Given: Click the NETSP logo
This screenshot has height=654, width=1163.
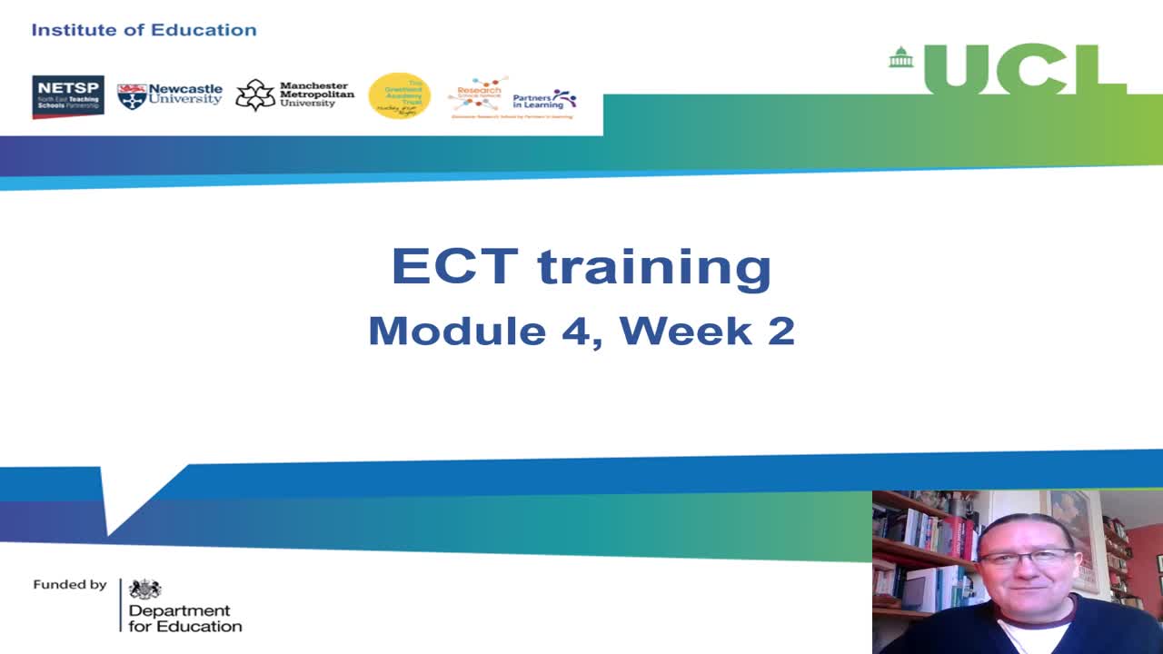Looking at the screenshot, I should tap(68, 96).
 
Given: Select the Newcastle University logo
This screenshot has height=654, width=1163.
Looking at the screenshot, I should tap(170, 95).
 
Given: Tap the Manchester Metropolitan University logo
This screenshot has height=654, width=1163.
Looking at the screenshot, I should tap(294, 94).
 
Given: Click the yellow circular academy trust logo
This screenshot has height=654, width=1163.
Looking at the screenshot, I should tap(399, 96).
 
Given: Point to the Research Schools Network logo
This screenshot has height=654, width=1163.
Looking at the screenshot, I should tap(478, 95).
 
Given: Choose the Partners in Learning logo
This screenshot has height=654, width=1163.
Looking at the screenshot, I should tap(544, 99).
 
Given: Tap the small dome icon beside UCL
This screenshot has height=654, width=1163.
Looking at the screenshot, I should tap(900, 57).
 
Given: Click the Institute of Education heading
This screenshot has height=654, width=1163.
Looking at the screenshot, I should tap(144, 30).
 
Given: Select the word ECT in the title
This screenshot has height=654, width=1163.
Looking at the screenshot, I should tap(454, 266).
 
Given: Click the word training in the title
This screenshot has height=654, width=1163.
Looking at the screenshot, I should tap(654, 268).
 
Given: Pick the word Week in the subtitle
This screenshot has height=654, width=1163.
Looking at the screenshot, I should tap(687, 331).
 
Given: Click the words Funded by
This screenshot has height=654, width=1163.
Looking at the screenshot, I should tap(70, 585).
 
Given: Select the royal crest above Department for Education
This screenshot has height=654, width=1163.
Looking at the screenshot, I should tap(144, 590).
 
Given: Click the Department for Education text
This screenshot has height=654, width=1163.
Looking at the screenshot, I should tap(184, 619).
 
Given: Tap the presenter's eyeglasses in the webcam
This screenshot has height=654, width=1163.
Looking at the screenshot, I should tap(1026, 557).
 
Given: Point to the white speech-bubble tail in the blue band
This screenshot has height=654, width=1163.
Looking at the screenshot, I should tap(123, 500).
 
